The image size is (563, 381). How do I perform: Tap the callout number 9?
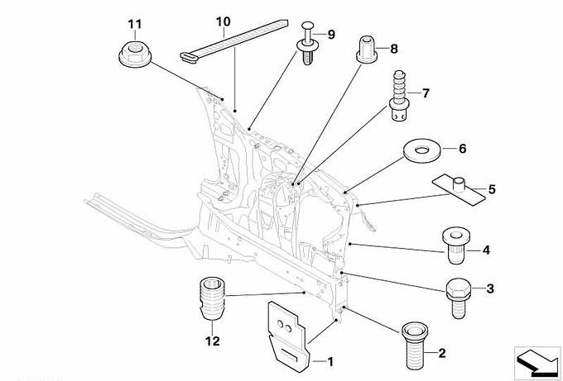pyautogui.click(x=331, y=34)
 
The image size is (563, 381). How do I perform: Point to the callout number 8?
pyautogui.click(x=393, y=49)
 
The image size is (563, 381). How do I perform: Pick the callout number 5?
pyautogui.click(x=491, y=189)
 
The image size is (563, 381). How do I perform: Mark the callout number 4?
pyautogui.click(x=486, y=249)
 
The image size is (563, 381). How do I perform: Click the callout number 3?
pyautogui.click(x=489, y=288)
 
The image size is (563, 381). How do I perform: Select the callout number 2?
pyautogui.click(x=440, y=355)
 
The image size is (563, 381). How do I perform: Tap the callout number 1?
pyautogui.click(x=331, y=361)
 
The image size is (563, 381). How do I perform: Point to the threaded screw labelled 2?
pyautogui.click(x=412, y=346)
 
